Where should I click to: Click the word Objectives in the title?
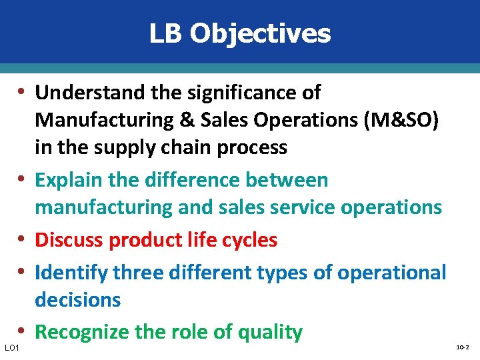[x=260, y=33]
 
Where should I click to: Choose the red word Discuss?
[x=69, y=239]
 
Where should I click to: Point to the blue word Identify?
[x=71, y=272]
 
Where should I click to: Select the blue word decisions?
[x=78, y=300]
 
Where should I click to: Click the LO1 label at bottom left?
[x=11, y=347]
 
